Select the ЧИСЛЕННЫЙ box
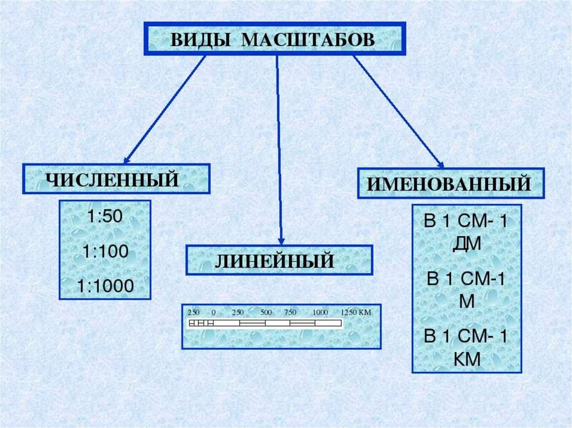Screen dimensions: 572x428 116,180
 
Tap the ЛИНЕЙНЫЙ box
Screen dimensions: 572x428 279,260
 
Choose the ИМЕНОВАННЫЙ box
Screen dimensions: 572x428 451,183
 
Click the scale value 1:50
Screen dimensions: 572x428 104,217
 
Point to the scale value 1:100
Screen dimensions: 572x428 104,252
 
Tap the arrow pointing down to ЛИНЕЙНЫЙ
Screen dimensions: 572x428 279,151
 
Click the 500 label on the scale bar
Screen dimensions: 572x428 266,312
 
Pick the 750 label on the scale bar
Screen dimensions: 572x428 290,312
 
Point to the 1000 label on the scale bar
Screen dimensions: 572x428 320,312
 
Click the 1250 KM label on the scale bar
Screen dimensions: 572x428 356,312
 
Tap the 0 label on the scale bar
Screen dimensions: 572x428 214,312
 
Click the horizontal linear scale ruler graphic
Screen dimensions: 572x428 265,323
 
